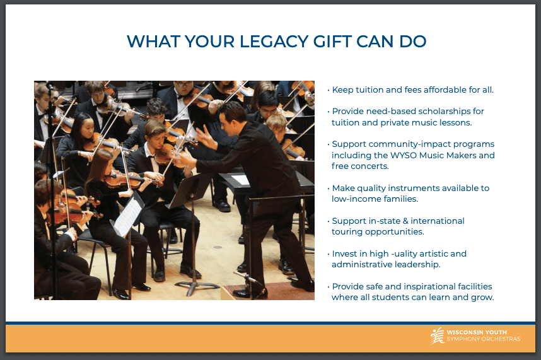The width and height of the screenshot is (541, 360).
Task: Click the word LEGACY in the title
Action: (274, 42)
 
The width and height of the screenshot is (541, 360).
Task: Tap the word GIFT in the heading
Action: (332, 42)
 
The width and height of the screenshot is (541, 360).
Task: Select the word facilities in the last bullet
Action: (475, 286)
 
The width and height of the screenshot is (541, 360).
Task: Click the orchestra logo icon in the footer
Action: (437, 336)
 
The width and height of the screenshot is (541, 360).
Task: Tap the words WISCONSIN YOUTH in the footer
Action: (477, 332)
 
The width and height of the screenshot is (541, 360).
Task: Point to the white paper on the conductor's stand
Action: (240, 180)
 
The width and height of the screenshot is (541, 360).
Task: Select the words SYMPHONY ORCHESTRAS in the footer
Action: (484, 339)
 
